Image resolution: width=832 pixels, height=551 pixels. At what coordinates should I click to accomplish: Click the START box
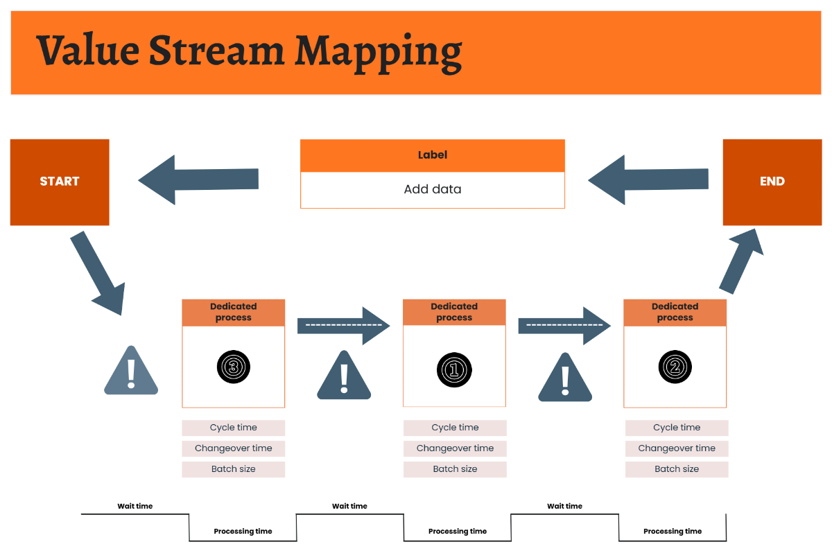tap(60, 182)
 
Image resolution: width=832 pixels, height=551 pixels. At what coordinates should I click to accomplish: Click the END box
tap(772, 182)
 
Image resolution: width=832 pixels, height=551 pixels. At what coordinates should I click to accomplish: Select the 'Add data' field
tap(432, 189)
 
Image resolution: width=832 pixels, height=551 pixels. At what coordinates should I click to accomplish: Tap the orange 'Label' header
tap(432, 155)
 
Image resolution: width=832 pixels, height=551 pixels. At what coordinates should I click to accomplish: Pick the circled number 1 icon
tap(454, 369)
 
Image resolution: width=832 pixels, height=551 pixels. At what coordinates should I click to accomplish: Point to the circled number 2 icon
tap(675, 367)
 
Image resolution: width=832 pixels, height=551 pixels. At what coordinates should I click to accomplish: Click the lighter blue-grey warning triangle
tap(131, 373)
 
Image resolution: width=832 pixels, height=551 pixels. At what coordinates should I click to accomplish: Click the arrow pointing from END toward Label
tap(648, 180)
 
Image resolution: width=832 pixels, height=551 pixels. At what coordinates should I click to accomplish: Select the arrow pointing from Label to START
tap(198, 180)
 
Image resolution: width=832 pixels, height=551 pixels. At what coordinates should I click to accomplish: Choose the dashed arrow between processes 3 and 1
tap(344, 325)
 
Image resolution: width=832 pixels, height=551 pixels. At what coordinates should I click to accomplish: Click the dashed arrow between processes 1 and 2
tap(564, 325)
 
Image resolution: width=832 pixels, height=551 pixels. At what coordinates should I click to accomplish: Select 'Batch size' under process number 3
tap(233, 469)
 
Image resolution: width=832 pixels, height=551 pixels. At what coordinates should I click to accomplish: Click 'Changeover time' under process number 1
tap(455, 448)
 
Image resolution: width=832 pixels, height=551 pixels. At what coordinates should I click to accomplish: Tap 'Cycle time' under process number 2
tap(677, 428)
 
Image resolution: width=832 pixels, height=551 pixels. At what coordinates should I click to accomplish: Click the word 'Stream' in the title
tap(217, 51)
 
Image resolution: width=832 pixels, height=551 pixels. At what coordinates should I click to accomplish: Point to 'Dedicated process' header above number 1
tap(454, 312)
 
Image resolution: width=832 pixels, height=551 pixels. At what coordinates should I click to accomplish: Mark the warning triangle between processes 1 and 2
tap(565, 379)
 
